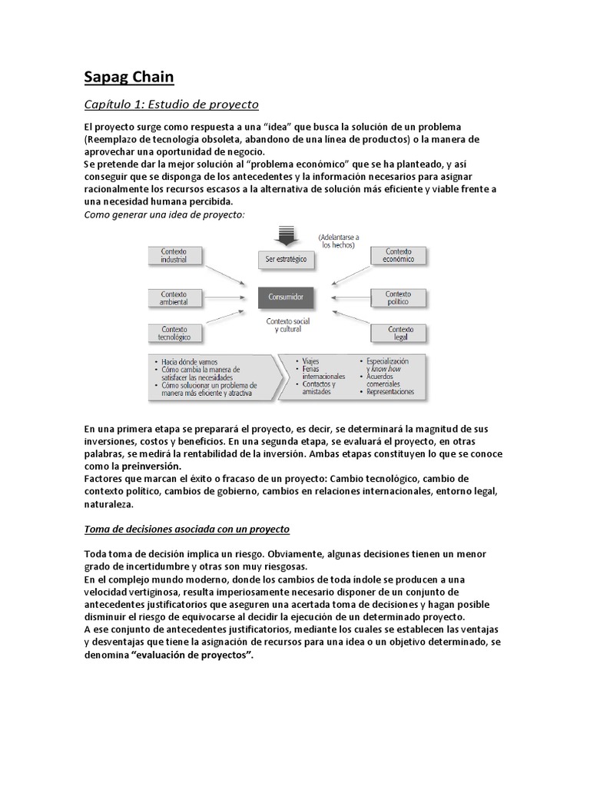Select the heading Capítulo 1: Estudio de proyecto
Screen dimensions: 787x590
(x=171, y=103)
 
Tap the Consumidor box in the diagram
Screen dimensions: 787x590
(x=286, y=295)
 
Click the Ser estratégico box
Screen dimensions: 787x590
(x=286, y=259)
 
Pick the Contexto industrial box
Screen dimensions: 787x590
(x=174, y=256)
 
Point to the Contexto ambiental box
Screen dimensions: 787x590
(x=174, y=297)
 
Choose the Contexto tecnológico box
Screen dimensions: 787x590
(x=174, y=333)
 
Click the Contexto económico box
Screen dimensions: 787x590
(x=398, y=256)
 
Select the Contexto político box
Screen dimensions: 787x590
(x=398, y=297)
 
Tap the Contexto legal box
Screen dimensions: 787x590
(x=398, y=333)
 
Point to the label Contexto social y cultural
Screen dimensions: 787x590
(x=286, y=324)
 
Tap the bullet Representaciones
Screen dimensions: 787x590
(x=390, y=391)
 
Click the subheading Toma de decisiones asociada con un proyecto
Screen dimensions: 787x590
(x=187, y=530)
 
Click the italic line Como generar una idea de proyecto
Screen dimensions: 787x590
(x=164, y=214)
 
